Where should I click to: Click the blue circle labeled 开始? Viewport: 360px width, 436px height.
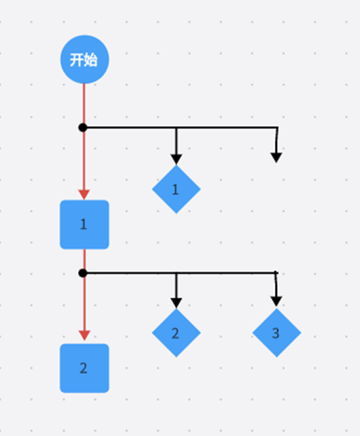click(84, 59)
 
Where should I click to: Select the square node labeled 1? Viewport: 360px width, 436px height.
click(84, 224)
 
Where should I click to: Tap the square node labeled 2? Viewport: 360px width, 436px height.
click(84, 368)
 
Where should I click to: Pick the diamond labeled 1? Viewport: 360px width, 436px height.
click(176, 190)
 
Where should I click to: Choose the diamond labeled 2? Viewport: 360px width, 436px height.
click(176, 333)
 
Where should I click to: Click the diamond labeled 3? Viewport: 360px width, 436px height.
click(276, 333)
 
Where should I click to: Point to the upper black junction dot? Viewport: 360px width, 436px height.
click(83, 128)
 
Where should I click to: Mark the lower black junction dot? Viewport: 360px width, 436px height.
click(83, 273)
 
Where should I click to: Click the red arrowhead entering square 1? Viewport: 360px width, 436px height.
click(84, 195)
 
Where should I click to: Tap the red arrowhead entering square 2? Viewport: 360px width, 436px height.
click(84, 336)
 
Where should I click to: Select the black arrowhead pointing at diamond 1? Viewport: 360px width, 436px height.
click(176, 159)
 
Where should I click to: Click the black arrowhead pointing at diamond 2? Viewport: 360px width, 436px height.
click(176, 303)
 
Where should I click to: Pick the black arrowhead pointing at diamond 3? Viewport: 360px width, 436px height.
click(276, 301)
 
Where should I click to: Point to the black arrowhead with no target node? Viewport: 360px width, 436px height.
click(276, 157)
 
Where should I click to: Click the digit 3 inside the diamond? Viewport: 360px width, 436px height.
click(276, 333)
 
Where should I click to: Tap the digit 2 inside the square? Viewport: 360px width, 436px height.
click(84, 368)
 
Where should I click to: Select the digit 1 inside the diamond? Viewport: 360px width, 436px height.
click(175, 190)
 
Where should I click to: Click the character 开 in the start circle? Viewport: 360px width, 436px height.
click(76, 60)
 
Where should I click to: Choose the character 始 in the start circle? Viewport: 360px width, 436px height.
click(91, 60)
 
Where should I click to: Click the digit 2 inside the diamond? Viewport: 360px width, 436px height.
click(175, 334)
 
